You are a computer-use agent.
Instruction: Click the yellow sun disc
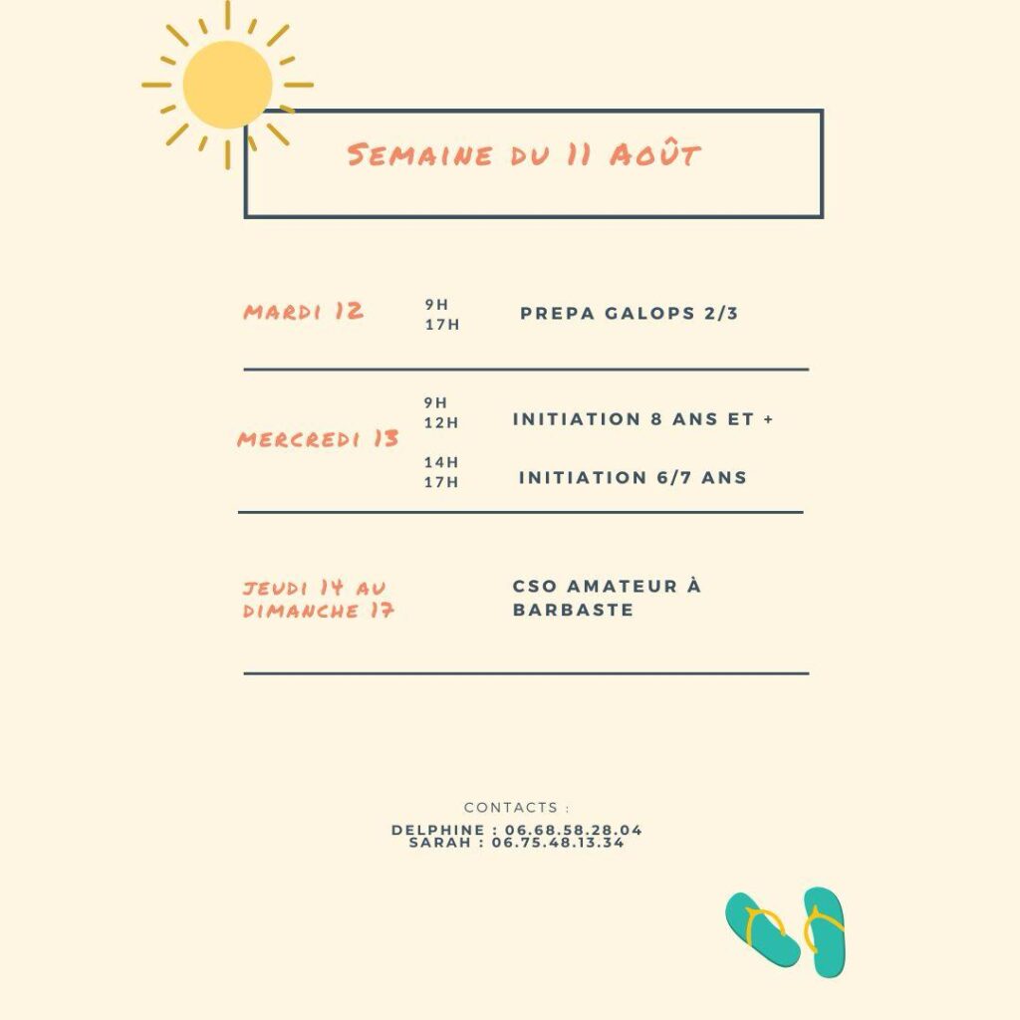coord(227,85)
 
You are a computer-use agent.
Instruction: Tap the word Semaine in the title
coord(419,154)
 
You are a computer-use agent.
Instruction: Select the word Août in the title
coord(654,153)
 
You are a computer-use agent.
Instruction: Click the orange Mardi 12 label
coord(303,312)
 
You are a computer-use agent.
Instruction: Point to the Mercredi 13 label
coord(318,439)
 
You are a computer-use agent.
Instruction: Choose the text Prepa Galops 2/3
coord(630,314)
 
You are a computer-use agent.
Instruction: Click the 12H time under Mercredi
coord(441,422)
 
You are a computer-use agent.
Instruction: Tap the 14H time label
coord(441,462)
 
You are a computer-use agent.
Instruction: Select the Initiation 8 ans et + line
coord(642,419)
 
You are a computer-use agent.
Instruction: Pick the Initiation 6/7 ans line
coord(633,477)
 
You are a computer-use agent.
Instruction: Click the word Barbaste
coord(573,610)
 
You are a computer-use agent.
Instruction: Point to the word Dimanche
coord(301,611)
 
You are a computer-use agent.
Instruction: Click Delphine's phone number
coord(573,830)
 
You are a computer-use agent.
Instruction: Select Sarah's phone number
coord(558,843)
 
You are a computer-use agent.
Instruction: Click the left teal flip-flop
coord(762,929)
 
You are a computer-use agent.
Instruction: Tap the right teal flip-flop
coord(824,931)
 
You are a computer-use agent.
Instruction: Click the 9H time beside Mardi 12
coord(436,305)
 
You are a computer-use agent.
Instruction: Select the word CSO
coord(534,586)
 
